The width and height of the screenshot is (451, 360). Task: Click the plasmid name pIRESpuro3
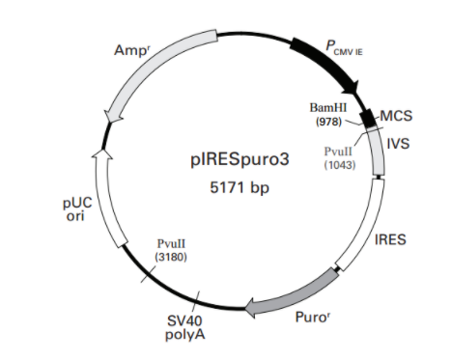[x=240, y=160]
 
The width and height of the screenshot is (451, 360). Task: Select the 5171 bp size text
[x=240, y=187]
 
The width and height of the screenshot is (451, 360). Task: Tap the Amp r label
[x=132, y=50]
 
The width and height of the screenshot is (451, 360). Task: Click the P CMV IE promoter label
[x=344, y=47]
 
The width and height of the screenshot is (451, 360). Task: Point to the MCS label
[x=396, y=116]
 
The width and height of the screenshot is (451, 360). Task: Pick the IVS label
[x=398, y=143]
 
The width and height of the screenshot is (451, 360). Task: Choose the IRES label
[x=390, y=239]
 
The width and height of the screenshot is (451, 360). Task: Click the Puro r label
[x=313, y=318]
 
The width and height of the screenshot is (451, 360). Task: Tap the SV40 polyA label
[x=185, y=327]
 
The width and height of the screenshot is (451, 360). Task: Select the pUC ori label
[x=77, y=209]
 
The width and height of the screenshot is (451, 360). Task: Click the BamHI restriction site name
[x=328, y=108]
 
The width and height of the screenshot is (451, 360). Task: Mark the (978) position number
[x=328, y=122]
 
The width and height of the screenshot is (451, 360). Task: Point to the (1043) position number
[x=340, y=165]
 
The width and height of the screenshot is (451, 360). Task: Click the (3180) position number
[x=171, y=257]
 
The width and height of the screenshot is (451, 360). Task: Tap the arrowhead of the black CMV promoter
[x=352, y=88]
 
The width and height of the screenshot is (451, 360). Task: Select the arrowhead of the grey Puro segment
[x=251, y=309]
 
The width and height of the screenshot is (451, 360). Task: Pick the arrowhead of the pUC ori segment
[x=102, y=154]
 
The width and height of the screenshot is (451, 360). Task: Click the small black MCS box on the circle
[x=368, y=118]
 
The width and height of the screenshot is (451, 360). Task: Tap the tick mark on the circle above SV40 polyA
[x=196, y=300]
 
